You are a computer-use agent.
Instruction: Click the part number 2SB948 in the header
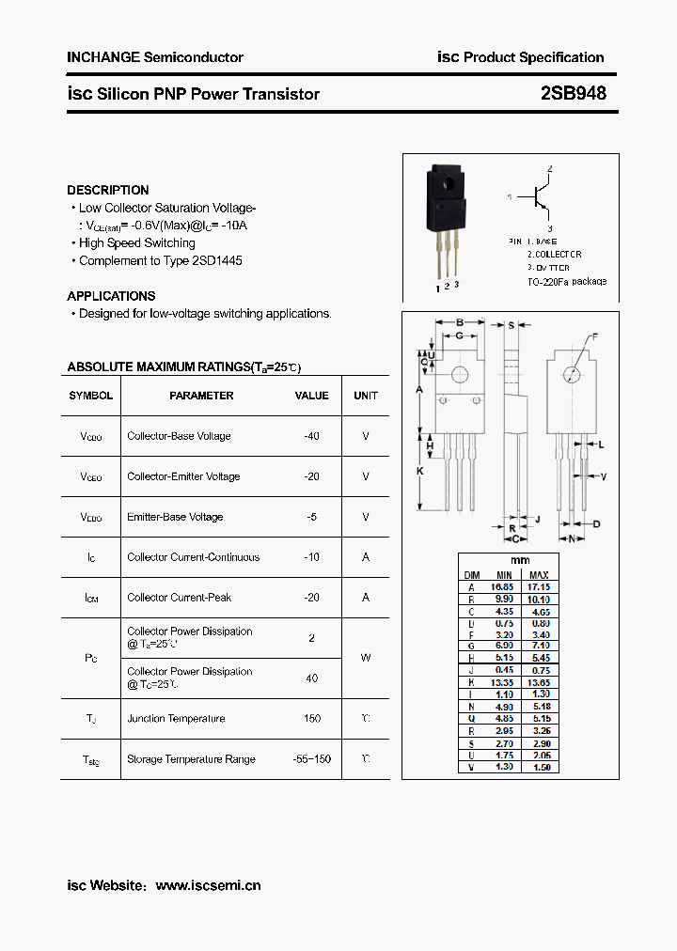(x=573, y=94)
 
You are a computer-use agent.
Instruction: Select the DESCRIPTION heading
(x=108, y=190)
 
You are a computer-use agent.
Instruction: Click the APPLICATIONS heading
(x=111, y=296)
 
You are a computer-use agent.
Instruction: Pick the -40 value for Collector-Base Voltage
(x=312, y=436)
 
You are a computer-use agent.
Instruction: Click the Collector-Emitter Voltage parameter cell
(x=183, y=476)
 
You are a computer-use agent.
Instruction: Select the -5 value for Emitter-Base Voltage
(x=312, y=517)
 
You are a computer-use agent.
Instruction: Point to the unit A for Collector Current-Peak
(x=366, y=598)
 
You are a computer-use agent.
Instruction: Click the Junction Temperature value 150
(x=312, y=719)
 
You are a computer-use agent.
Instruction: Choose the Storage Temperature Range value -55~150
(x=312, y=759)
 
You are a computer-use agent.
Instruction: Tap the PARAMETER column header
(x=201, y=396)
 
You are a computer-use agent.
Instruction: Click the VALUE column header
(x=312, y=396)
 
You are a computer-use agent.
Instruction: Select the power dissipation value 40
(x=312, y=678)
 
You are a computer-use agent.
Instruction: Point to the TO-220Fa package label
(x=567, y=281)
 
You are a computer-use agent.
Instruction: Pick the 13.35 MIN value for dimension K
(x=504, y=682)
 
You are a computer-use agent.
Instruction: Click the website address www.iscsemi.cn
(x=208, y=885)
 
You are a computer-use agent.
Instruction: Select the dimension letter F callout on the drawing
(x=594, y=336)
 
